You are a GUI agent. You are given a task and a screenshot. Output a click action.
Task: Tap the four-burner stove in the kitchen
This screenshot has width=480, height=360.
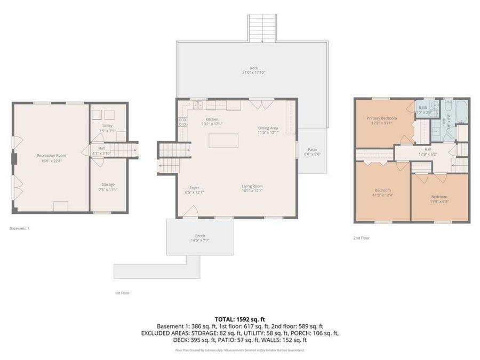[182, 120]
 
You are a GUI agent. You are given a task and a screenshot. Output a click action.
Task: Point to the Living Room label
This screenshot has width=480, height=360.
[252, 186]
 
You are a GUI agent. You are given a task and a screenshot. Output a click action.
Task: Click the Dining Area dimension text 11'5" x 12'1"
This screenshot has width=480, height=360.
[268, 132]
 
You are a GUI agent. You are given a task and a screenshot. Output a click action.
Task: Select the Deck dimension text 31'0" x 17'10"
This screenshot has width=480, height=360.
[253, 73]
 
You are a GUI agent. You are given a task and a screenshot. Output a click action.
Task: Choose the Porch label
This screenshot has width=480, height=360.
[199, 236]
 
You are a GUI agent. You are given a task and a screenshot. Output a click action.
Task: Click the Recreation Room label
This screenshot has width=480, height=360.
[51, 155]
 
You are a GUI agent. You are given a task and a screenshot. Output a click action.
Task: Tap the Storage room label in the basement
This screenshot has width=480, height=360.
[108, 184]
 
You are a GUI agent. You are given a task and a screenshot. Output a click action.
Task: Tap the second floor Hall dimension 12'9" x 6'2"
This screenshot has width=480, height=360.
[428, 154]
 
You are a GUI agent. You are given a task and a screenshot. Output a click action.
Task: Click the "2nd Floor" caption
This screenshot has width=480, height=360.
[361, 238]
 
